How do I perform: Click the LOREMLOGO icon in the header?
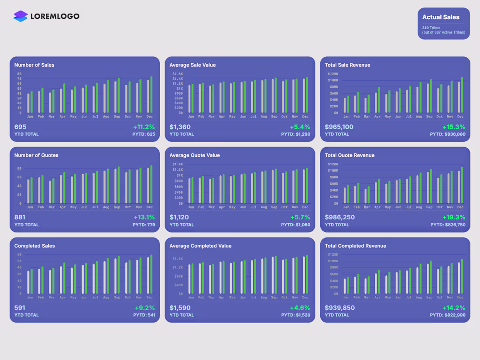[21, 16]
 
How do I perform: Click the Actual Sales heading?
[441, 17]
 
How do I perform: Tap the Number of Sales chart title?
[34, 65]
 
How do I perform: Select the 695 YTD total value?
[21, 127]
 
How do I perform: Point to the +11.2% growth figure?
[144, 127]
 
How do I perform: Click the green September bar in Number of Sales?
[119, 96]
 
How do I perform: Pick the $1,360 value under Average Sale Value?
[180, 127]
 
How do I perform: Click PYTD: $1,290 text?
[295, 134]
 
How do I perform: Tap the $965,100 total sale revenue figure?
[339, 127]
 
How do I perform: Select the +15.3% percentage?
[454, 127]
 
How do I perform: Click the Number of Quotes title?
[36, 155]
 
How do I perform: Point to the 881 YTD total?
[20, 217]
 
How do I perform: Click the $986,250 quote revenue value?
[340, 217]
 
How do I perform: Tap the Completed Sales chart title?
[34, 246]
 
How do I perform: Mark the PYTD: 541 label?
[144, 315]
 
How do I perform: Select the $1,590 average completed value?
[180, 308]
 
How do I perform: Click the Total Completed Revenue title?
[355, 246]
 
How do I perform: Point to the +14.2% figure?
[454, 308]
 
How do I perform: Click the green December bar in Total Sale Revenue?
[462, 95]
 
